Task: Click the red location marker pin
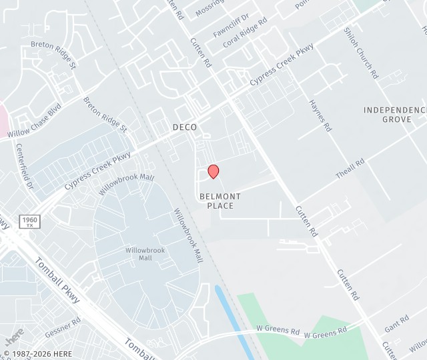click(x=213, y=171)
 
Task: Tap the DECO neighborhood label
click(x=185, y=127)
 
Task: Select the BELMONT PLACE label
click(x=220, y=201)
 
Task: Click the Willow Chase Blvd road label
click(x=34, y=121)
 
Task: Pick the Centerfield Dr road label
click(x=25, y=166)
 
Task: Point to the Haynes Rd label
click(x=320, y=115)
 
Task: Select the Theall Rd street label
click(x=350, y=168)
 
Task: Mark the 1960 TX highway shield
click(x=30, y=222)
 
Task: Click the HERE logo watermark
click(x=13, y=336)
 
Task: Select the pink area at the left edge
click(x=3, y=120)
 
